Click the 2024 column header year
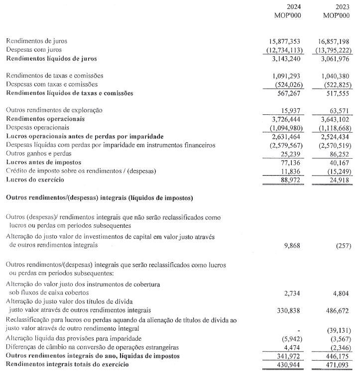pos(294,7)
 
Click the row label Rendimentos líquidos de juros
pos(51,59)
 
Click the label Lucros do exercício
pos(34,179)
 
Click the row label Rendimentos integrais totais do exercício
pos(67,365)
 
